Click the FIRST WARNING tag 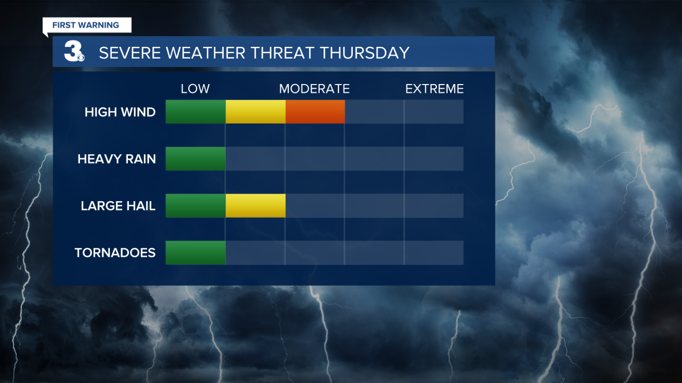coord(85,25)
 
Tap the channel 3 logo coord(74,52)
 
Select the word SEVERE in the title coord(127,53)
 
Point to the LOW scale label coord(195,89)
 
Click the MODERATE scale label coord(314,89)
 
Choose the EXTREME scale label coord(434,89)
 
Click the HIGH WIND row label coord(120,112)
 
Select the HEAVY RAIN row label coord(117,159)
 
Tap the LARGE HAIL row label coord(118,206)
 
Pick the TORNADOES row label coord(115,253)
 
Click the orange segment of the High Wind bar coord(315,112)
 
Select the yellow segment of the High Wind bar coord(255,112)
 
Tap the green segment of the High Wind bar coord(196,112)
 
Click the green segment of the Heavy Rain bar coord(196,159)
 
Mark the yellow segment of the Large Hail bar coord(255,205)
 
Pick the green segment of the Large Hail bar coord(196,205)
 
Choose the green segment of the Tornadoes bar coord(196,252)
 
